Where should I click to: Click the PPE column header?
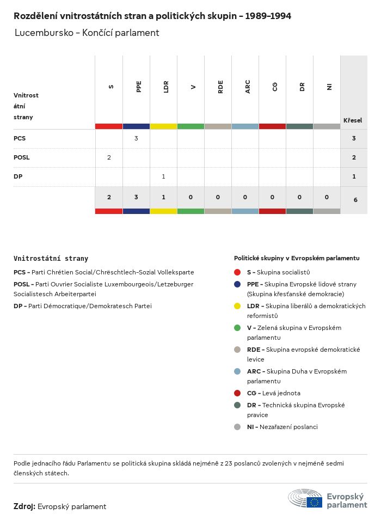pyautogui.click(x=139, y=87)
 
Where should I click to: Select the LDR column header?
pyautogui.click(x=166, y=87)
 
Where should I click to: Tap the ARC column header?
pyautogui.click(x=248, y=87)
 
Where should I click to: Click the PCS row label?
pyautogui.click(x=20, y=138)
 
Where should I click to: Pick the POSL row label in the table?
pyautogui.click(x=22, y=157)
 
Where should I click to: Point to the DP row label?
pyautogui.click(x=18, y=176)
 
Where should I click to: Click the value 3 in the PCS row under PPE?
pyautogui.click(x=136, y=138)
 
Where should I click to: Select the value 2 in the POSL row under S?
pyautogui.click(x=109, y=157)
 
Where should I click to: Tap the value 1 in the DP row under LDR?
pyautogui.click(x=163, y=176)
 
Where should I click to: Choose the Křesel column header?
pyautogui.click(x=353, y=120)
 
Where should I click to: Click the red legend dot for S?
pyautogui.click(x=237, y=272)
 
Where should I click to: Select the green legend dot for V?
pyautogui.click(x=237, y=328)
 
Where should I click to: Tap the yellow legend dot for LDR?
pyautogui.click(x=237, y=306)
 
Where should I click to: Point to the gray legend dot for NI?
pyautogui.click(x=237, y=427)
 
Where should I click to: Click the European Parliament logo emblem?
pyautogui.click(x=305, y=499)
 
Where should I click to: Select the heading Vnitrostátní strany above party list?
pyautogui.click(x=51, y=259)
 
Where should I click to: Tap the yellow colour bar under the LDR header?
pyautogui.click(x=163, y=126)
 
